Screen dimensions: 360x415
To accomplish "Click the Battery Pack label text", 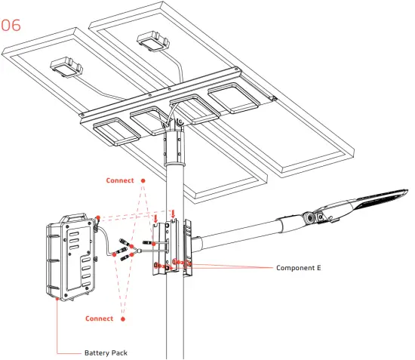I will pyautogui.click(x=105, y=352).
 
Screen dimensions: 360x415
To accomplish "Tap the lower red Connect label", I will pyautogui.click(x=99, y=318).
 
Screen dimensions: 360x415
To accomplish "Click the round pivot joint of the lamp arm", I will pyautogui.click(x=309, y=219).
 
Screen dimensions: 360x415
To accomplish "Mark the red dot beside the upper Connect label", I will pyautogui.click(x=141, y=181).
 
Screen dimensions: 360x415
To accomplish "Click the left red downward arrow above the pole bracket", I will pyautogui.click(x=155, y=219).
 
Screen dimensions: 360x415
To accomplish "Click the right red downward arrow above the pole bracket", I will pyautogui.click(x=174, y=213).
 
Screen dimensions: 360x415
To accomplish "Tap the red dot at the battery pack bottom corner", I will pyautogui.click(x=58, y=299).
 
